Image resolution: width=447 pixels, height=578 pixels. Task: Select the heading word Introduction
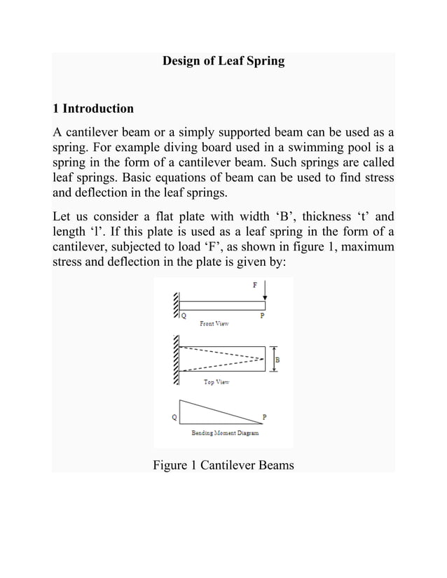click(98, 108)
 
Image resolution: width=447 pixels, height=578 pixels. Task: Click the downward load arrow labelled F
click(265, 292)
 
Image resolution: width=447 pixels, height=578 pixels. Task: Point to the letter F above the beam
click(255, 286)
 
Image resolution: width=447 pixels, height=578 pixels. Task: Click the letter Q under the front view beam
click(184, 316)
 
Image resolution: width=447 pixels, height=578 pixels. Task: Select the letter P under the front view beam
click(263, 316)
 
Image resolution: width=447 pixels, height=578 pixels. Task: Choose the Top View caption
click(216, 382)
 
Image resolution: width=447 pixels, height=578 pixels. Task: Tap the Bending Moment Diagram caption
click(225, 433)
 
